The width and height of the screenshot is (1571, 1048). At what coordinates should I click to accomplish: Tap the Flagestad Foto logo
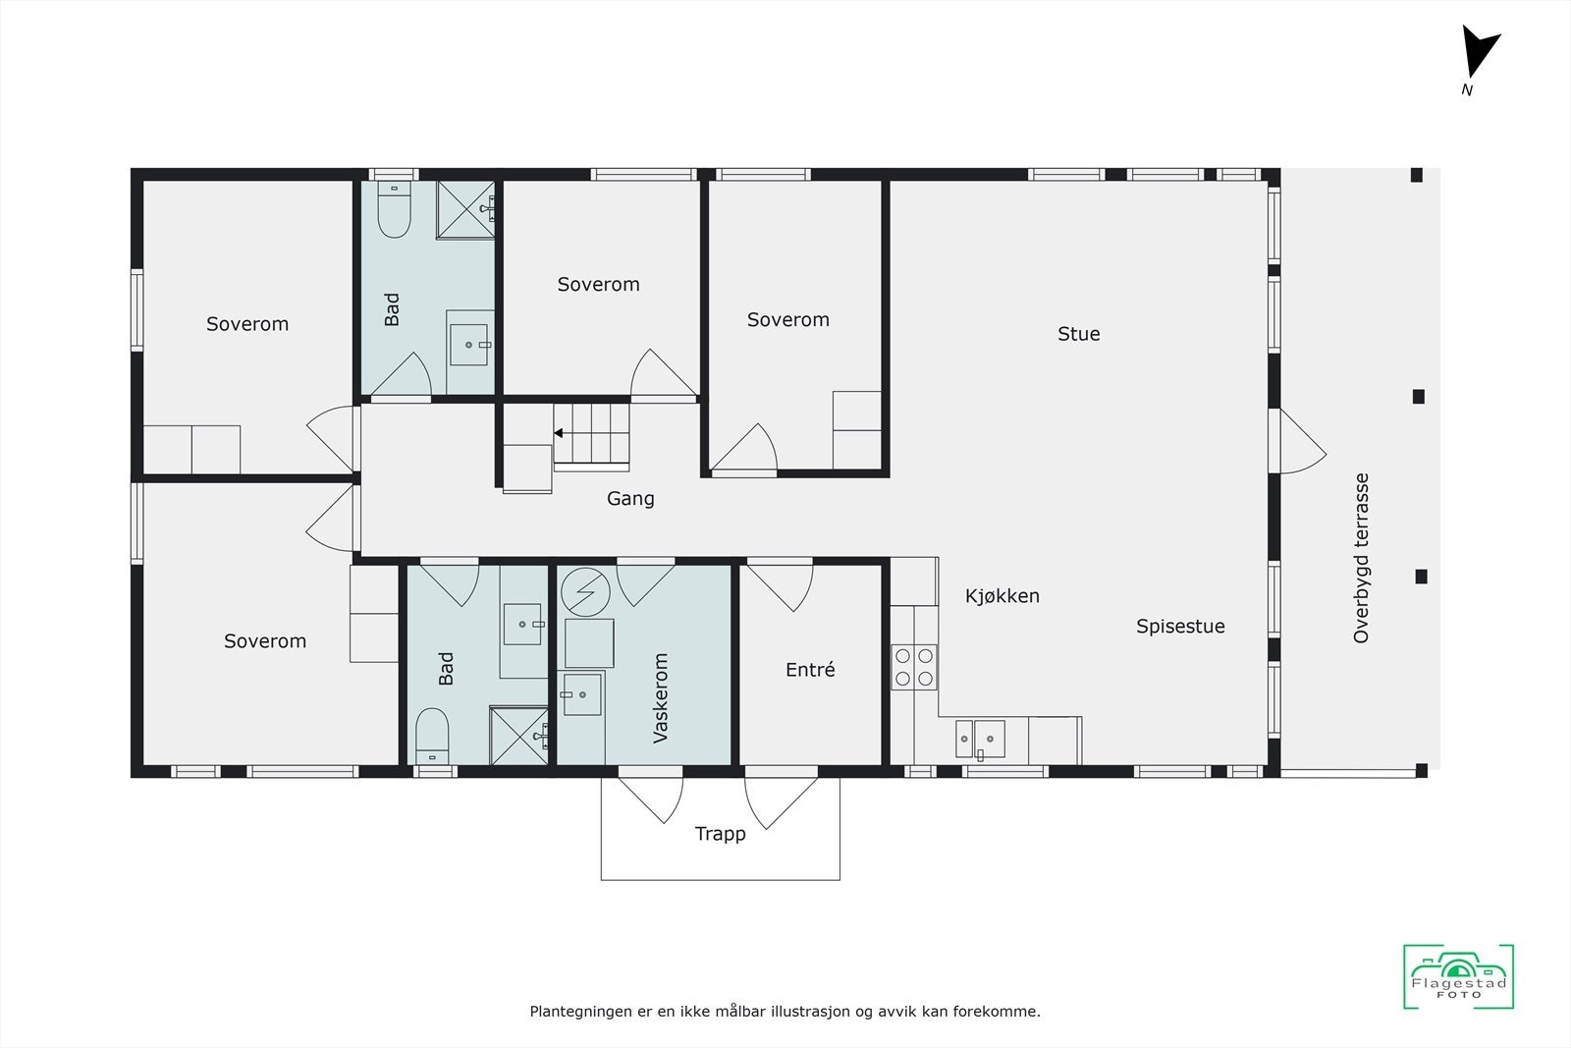[1458, 976]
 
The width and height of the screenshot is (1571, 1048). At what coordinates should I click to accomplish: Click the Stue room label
[1078, 334]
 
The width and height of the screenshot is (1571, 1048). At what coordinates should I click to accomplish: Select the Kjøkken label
[1002, 596]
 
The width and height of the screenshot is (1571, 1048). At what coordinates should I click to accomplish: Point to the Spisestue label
[1180, 627]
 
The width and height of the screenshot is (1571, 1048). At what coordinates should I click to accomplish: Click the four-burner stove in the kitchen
[913, 666]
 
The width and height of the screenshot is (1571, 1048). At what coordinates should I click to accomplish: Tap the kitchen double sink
[980, 739]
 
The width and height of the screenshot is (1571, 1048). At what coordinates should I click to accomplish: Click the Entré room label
[810, 670]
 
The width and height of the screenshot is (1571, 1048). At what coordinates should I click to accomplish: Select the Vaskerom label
[661, 697]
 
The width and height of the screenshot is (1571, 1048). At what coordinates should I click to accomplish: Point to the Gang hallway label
[630, 499]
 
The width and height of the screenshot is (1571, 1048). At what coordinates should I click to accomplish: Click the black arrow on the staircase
[558, 433]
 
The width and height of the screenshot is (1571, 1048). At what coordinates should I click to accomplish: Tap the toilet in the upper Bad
[395, 212]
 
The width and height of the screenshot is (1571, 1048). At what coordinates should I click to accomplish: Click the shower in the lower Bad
[518, 735]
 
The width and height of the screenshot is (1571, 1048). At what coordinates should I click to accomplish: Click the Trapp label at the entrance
[720, 834]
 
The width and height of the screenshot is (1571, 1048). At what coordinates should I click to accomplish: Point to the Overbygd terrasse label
[1361, 558]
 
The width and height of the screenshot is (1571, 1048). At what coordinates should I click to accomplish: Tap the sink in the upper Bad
[469, 345]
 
